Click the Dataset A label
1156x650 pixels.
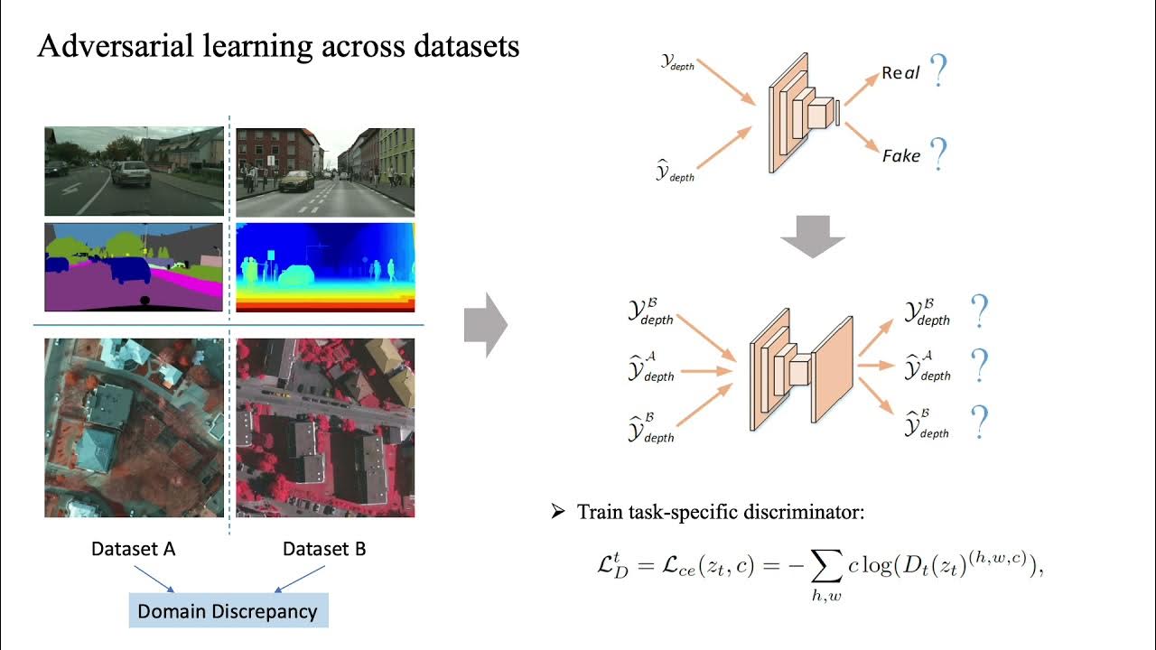(133, 549)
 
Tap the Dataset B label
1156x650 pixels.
(324, 549)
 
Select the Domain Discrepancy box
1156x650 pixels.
(228, 611)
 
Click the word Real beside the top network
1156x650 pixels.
(900, 74)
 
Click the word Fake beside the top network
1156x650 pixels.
(900, 156)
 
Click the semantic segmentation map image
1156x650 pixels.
(134, 267)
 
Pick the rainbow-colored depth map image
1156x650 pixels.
(325, 267)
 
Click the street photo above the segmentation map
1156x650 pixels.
(134, 171)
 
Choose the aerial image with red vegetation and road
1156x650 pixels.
(325, 428)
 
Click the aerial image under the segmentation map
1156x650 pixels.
(134, 428)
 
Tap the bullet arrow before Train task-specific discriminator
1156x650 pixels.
(557, 513)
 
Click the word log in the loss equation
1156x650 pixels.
(873, 565)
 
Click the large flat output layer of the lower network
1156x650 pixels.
(833, 370)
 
